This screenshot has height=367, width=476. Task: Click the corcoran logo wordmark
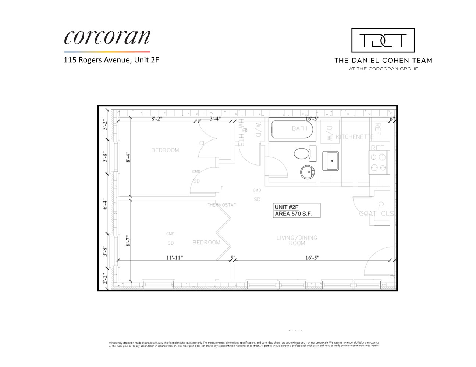(x=107, y=37)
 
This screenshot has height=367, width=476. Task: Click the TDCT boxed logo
(x=383, y=40)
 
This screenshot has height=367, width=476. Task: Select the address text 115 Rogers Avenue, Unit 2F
(x=111, y=60)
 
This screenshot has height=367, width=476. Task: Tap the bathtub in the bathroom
(x=292, y=129)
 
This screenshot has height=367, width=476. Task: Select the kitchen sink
(x=330, y=161)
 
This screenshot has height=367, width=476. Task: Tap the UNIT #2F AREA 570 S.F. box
(x=296, y=210)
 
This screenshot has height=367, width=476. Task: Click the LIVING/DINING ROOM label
(x=296, y=240)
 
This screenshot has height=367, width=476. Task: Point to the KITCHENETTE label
(x=355, y=137)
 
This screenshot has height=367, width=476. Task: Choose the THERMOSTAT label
(x=222, y=205)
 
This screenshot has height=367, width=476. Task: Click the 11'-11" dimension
(x=174, y=258)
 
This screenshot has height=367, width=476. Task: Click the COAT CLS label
(x=376, y=214)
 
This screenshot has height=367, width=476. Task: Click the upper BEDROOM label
(x=165, y=150)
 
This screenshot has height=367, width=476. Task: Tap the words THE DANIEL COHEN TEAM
(x=383, y=61)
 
